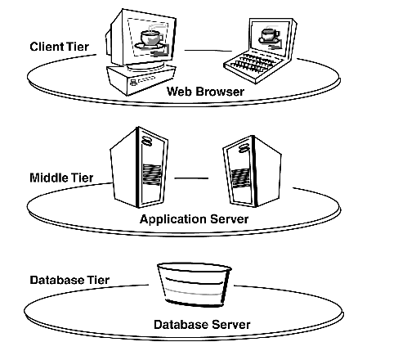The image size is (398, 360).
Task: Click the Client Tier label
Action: tap(60, 47)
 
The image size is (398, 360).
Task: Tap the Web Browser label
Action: tap(205, 92)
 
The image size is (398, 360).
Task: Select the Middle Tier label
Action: tap(61, 178)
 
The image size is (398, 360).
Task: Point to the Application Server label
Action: tap(194, 219)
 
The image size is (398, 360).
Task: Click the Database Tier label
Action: tap(69, 280)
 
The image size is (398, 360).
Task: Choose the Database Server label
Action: tap(202, 325)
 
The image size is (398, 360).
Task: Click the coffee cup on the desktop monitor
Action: tap(151, 37)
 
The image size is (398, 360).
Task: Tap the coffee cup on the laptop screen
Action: tap(269, 34)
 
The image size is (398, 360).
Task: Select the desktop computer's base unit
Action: tap(141, 79)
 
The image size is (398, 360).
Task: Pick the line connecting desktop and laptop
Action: tap(208, 51)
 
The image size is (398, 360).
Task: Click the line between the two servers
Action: tap(191, 178)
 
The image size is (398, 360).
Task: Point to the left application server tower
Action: tap(139, 167)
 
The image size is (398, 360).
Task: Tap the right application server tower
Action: tap(252, 171)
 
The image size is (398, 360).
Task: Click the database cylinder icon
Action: tap(195, 285)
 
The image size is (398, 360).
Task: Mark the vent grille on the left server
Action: tap(152, 174)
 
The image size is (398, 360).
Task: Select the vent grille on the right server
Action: tap(240, 178)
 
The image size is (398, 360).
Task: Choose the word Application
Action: tap(173, 219)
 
